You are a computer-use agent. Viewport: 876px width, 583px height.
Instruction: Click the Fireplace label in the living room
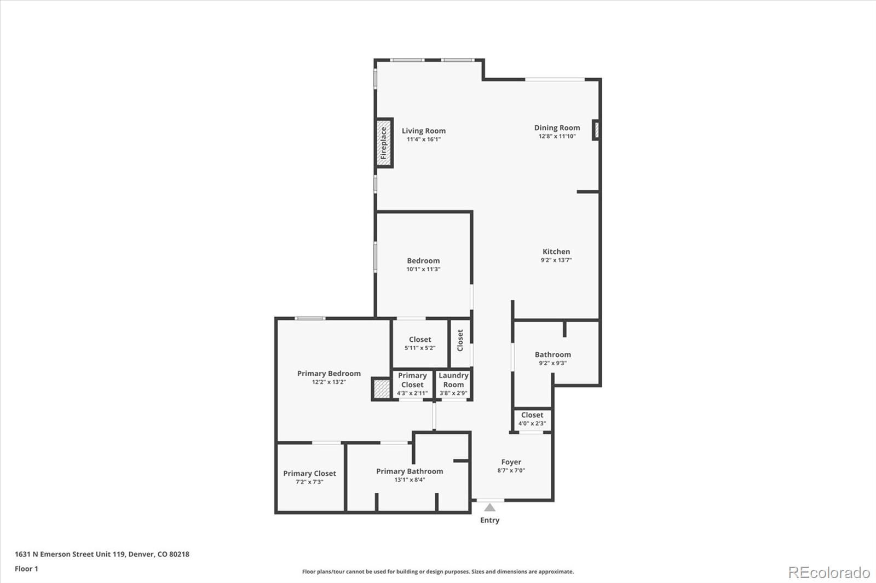coord(384,143)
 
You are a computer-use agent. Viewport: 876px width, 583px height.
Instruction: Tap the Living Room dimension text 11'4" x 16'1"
coord(423,139)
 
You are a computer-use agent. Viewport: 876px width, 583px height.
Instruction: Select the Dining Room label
coord(557,127)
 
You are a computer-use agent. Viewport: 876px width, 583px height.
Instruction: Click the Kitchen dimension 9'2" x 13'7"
coord(556,260)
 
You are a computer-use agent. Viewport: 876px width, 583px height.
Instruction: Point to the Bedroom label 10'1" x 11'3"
coord(423,261)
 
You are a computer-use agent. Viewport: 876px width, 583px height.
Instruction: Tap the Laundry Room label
coord(453,380)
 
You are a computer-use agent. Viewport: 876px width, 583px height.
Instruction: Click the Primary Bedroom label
coord(328,374)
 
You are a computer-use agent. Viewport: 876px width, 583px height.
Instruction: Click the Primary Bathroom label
coord(410,471)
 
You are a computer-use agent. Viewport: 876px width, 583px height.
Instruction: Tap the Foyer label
coord(511,462)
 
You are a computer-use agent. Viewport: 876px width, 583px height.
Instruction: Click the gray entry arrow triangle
coord(489,508)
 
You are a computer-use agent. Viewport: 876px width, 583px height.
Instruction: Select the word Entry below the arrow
coord(489,520)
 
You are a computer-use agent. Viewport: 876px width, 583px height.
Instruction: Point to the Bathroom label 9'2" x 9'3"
coord(552,355)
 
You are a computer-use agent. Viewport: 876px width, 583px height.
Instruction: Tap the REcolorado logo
coord(828,573)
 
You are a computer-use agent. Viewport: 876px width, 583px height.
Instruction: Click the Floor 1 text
coord(26,569)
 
